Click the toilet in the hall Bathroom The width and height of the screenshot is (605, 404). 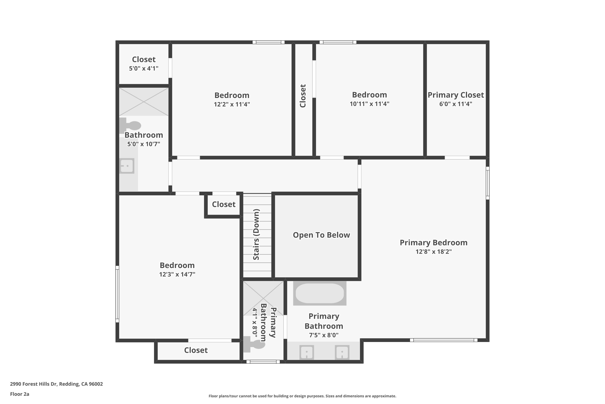click(x=130, y=125)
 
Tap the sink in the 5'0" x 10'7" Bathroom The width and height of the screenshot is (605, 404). click(x=127, y=166)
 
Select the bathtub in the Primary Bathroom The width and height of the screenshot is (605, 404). click(x=320, y=293)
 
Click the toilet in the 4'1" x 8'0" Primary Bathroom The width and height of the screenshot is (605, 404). click(x=254, y=344)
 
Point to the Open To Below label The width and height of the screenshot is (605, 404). click(x=321, y=235)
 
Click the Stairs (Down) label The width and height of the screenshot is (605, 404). click(x=256, y=235)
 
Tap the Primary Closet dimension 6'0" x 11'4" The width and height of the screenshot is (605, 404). click(x=456, y=104)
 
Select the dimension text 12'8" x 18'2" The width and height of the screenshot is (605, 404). click(x=434, y=251)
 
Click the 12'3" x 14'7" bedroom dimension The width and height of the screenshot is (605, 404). click(x=177, y=274)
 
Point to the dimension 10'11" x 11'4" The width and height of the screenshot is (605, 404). click(x=369, y=104)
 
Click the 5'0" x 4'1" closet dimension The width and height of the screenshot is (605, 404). click(x=144, y=68)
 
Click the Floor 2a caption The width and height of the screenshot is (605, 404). click(x=20, y=394)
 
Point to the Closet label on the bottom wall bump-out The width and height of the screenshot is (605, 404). click(x=196, y=350)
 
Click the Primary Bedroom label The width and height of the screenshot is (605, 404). click(x=434, y=242)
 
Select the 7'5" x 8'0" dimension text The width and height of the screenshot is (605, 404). click(x=324, y=335)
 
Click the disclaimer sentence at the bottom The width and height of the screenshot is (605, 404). click(x=302, y=396)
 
